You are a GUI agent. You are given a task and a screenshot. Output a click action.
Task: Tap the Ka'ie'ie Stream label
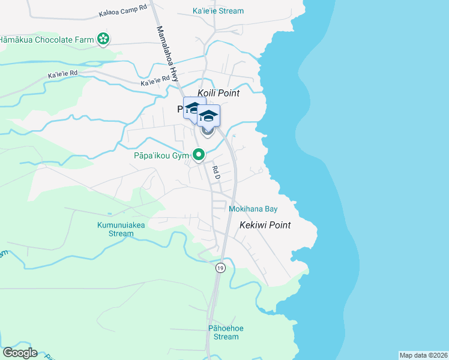tap(218, 11)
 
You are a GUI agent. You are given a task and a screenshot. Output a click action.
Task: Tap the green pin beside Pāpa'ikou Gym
tap(198, 155)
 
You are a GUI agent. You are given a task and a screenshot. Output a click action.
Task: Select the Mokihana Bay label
tap(253, 209)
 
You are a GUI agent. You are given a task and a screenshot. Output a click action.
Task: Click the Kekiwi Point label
tap(265, 225)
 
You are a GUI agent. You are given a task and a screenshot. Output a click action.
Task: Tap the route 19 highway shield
tap(220, 268)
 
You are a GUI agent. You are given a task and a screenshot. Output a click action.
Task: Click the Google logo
tap(20, 353)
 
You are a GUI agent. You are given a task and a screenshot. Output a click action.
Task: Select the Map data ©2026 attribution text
tap(423, 355)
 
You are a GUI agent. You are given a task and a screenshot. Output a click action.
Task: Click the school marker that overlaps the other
tap(209, 115)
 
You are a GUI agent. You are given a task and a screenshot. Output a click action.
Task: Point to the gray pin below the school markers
tap(208, 132)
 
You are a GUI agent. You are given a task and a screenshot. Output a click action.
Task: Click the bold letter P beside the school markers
tap(181, 109)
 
